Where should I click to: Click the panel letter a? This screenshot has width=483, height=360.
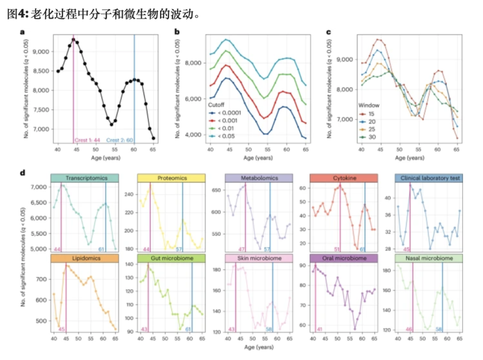click(22, 33)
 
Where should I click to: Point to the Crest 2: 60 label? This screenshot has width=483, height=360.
click(120, 139)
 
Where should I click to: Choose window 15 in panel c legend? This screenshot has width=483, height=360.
click(372, 114)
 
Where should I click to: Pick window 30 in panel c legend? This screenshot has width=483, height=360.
click(372, 136)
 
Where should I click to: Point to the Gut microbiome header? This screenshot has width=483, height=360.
click(171, 258)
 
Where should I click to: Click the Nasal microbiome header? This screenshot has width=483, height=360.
click(431, 258)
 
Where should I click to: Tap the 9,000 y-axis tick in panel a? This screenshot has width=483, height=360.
click(41, 51)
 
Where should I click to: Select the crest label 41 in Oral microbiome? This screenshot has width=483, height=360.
click(318, 329)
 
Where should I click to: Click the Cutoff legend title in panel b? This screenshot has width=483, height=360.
click(217, 105)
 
